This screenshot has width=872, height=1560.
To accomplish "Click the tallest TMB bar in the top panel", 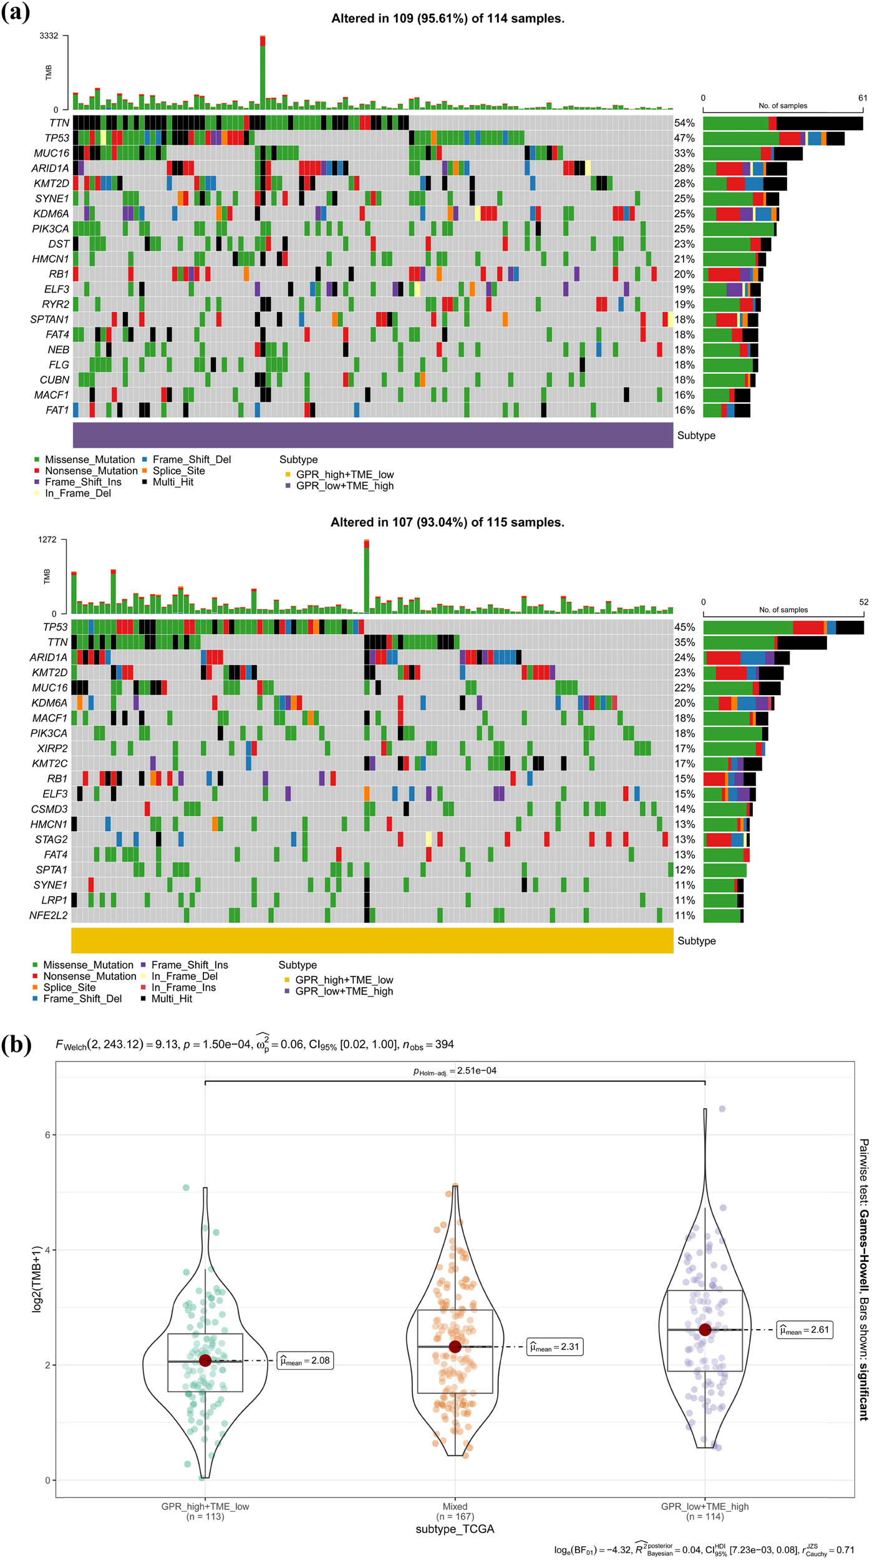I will pos(263,72).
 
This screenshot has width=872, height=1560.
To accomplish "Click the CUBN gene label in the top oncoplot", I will pos(55,380).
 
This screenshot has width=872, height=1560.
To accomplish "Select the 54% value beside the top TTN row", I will pos(684,123).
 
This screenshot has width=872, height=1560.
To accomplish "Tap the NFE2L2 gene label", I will pos(48,915).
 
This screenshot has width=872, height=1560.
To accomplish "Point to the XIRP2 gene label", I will pos(52,748).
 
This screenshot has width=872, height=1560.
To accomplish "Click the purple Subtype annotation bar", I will pos(372,435).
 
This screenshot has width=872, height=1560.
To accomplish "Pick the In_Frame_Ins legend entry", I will pos(183,987).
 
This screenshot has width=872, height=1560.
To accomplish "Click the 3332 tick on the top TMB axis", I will pos(49,36).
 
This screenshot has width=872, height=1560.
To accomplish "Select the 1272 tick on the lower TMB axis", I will pos(47,540).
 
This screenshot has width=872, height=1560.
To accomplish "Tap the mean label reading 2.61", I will pos(805,1330).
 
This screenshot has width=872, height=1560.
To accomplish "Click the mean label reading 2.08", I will pos(305,1360).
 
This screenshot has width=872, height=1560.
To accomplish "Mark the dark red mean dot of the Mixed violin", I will pos(455,1347).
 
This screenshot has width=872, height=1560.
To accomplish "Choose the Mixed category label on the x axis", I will pos(455,1506).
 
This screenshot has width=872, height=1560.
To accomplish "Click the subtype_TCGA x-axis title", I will pos(455,1529).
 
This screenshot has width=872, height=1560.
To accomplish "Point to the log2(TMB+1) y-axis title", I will pos(37,1279).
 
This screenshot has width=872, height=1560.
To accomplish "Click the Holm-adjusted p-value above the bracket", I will pos(455,1071).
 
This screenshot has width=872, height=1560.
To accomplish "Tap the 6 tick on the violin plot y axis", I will pos(47,1135).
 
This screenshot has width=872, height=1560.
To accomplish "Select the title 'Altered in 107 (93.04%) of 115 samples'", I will pos(447,522).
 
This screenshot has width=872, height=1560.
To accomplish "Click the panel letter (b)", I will pos(16,1044).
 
